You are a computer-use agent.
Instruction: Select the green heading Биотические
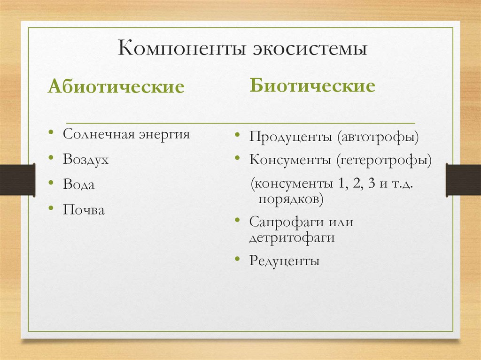tap(312, 86)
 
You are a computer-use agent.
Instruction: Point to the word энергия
tap(164, 135)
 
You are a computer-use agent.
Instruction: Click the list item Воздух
tap(86, 160)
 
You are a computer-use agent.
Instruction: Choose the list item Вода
tap(79, 184)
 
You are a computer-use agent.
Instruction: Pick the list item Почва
tap(84, 209)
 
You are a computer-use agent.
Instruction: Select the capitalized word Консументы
tap(290, 160)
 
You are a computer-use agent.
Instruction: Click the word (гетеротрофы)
tap(383, 160)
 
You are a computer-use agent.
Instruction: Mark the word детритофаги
tap(292, 237)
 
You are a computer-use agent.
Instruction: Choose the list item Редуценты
tap(285, 260)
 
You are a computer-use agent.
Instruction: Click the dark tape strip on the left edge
tap(17, 180)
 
